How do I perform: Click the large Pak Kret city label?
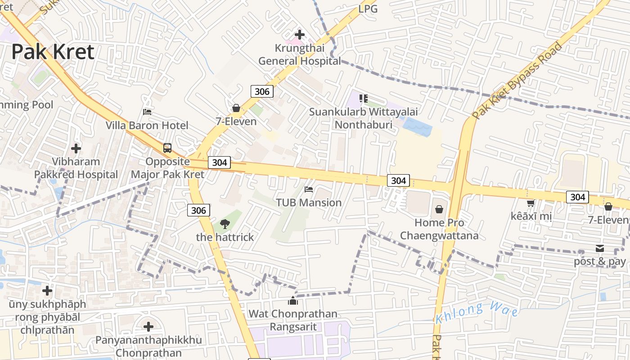pos(53,52)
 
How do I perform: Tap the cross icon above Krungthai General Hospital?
pos(299,34)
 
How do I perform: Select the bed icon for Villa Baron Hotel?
pos(147,112)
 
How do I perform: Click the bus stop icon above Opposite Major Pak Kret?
pos(167,148)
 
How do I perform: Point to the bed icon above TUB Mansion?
pos(309,189)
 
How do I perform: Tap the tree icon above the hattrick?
pos(225,223)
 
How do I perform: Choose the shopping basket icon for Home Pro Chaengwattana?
pos(439,209)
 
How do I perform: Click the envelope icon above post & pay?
pos(599,248)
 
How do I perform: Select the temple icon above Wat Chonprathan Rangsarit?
pos(293,301)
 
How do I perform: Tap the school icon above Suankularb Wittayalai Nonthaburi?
pos(363,98)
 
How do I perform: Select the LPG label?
pos(368,9)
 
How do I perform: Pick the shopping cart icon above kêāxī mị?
pos(531,203)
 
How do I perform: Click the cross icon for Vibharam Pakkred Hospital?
pos(76,148)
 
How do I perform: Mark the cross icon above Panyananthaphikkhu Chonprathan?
pos(148,326)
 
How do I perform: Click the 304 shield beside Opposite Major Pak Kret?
pos(219,162)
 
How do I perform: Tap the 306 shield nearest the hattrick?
pos(198,210)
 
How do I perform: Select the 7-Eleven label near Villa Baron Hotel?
pos(236,121)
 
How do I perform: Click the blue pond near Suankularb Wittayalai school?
pos(417,126)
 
